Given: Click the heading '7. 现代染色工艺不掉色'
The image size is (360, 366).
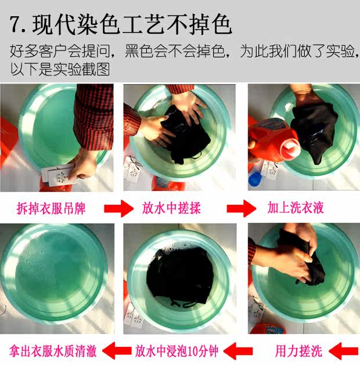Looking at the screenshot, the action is (121, 25).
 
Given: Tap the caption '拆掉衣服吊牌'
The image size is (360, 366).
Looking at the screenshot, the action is (51, 208).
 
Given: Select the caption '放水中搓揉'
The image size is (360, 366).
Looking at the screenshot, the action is (171, 208).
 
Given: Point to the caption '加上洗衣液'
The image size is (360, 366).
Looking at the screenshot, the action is (296, 208).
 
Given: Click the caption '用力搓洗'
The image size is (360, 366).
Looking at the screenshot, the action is (299, 351).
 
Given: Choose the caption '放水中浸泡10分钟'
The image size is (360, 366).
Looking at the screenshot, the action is (177, 351).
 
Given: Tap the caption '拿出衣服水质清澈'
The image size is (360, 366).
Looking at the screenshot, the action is (53, 351).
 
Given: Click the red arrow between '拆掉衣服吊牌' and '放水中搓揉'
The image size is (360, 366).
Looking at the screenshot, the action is (118, 208).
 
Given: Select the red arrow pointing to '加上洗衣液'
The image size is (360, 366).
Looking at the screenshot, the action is (242, 208).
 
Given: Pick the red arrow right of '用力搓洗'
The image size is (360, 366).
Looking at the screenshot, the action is (343, 351).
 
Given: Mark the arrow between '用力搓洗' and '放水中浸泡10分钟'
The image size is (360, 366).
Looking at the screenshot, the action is (238, 351).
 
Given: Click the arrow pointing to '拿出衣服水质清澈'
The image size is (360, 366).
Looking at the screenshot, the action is (117, 351).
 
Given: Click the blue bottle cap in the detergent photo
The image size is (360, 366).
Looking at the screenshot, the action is (255, 179).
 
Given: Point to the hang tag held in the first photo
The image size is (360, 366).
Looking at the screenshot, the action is (58, 175).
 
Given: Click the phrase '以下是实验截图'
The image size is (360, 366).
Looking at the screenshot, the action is (60, 69).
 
